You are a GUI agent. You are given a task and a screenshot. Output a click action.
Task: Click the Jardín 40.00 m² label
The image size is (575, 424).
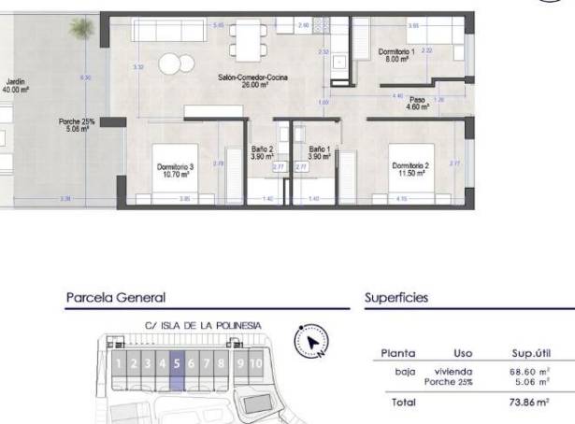tap(16, 86)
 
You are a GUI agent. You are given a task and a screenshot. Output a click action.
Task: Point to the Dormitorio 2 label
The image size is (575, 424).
tap(410, 168)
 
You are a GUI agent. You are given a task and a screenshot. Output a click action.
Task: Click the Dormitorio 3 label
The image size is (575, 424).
tap(175, 170)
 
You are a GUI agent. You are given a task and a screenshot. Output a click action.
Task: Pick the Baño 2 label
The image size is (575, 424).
tap(262, 152)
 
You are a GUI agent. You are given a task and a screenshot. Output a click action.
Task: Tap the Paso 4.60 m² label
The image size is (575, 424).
tap(417, 104)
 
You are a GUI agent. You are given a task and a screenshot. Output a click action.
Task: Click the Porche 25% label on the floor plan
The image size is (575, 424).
tap(72, 125)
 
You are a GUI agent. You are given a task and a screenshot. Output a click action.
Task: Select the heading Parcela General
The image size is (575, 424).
tap(116, 298)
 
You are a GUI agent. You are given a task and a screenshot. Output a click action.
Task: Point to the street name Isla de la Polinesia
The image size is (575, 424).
tap(203, 326)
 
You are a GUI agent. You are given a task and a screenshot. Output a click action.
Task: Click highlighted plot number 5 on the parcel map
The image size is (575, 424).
tap(178, 363)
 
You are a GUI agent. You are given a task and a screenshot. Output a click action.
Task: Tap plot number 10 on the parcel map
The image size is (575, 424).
tap(255, 363)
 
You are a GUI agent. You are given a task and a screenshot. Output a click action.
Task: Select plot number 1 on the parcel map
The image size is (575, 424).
tap(119, 363)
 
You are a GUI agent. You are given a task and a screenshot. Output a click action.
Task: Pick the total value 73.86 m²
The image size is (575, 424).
tap(528, 402)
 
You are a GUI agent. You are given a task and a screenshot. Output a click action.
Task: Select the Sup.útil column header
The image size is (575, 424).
tap(528, 354)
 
